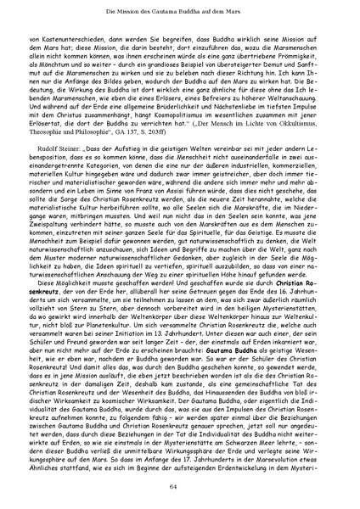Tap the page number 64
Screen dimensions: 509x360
179,485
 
